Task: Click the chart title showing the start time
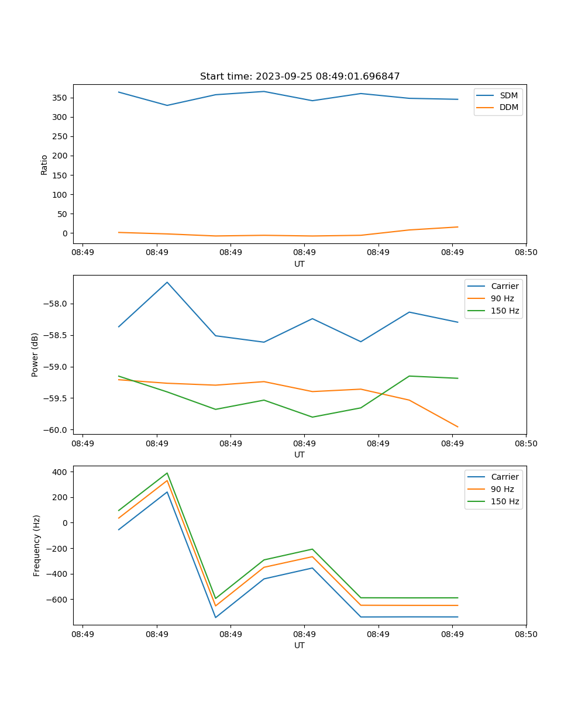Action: pos(300,77)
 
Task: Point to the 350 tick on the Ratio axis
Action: pos(60,98)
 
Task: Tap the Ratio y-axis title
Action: pos(44,165)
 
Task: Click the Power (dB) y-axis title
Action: pos(35,355)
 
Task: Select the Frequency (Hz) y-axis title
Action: pos(37,545)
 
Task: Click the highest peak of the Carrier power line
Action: pos(167,282)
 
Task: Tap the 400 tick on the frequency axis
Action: pos(60,472)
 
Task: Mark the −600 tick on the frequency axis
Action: pos(57,600)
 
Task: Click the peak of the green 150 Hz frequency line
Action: pos(167,473)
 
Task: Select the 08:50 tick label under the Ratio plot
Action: pos(526,253)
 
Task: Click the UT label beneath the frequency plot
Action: pos(300,645)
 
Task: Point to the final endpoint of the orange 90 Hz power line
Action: pos(457,427)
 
